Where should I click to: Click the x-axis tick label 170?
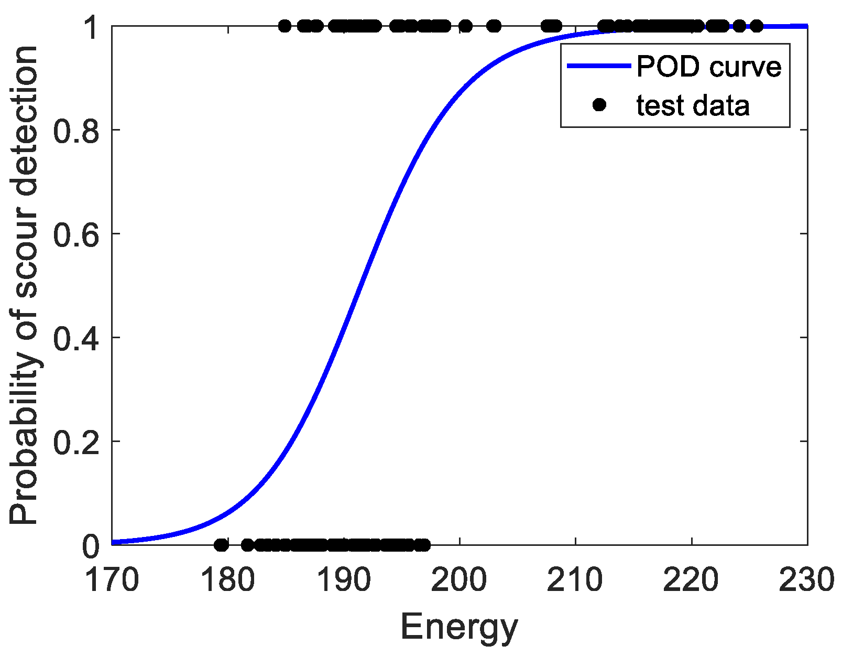[112, 580]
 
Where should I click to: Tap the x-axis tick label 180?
[228, 580]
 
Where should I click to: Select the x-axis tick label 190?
[344, 580]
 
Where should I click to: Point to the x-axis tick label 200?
[460, 580]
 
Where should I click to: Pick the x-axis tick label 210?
[575, 580]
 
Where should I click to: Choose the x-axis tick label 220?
[692, 580]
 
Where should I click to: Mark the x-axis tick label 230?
[806, 580]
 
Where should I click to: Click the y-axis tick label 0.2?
[76, 441]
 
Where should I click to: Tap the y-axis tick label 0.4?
[76, 337]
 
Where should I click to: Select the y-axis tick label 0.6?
[76, 233]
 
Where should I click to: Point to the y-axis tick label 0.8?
[76, 130]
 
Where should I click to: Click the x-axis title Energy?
[459, 627]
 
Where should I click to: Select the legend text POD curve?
[708, 67]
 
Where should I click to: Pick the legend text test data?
[693, 105]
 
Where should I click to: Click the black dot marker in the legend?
[599, 105]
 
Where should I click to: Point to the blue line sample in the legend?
[599, 66]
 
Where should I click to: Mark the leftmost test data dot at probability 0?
[221, 545]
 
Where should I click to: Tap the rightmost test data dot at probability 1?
[757, 26]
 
